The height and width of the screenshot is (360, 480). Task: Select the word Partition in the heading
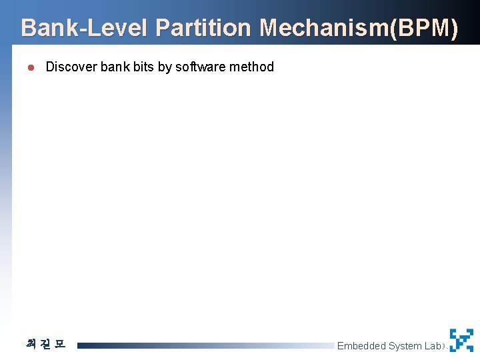coord(203,29)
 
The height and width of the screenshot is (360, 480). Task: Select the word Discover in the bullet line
coord(71,67)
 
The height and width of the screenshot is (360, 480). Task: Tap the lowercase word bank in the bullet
coord(115,67)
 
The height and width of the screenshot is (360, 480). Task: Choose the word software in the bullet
coord(199,67)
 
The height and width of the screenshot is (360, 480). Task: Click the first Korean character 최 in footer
coord(31,345)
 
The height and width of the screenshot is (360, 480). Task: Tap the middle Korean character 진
coord(45,345)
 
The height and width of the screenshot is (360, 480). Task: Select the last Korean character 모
coord(59,345)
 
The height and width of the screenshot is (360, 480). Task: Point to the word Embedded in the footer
coord(361,346)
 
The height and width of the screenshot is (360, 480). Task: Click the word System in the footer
coord(405,346)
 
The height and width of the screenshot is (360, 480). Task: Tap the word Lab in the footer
coord(433,346)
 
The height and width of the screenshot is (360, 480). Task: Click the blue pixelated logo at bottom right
coord(461,340)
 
